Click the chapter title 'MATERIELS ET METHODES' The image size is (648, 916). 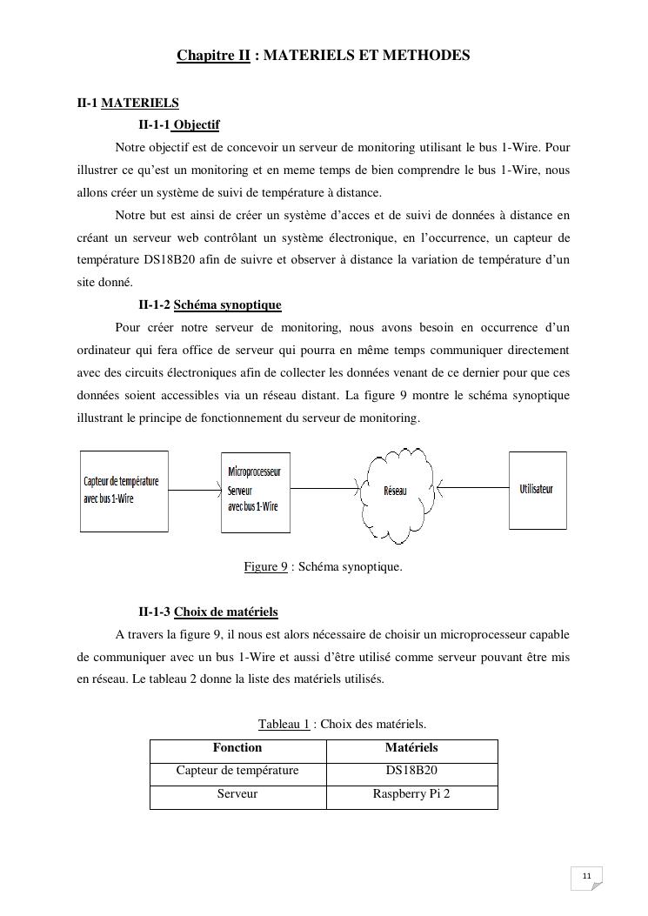[x=366, y=56]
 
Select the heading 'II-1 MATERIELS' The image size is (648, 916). [x=128, y=103]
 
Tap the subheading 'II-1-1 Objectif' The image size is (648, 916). [x=178, y=124]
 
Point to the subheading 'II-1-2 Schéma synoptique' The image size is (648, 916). [x=210, y=304]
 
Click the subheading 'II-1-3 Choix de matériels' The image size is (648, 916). [x=208, y=612]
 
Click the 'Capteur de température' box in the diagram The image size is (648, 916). [x=124, y=491]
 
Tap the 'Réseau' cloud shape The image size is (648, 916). [x=396, y=491]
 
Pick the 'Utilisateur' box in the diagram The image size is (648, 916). [x=537, y=489]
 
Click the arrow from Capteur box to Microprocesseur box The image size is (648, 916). [x=194, y=491]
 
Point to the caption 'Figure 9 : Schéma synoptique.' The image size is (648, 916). [x=323, y=567]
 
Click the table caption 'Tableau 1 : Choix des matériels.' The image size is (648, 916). [x=342, y=724]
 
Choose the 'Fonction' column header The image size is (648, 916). [x=237, y=748]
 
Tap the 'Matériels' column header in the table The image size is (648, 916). [x=411, y=748]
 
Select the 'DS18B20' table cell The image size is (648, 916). [x=411, y=771]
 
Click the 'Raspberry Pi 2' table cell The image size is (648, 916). [x=411, y=794]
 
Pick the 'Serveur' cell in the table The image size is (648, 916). [x=237, y=794]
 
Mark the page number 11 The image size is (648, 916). [x=586, y=875]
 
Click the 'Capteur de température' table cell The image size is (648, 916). [x=237, y=771]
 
